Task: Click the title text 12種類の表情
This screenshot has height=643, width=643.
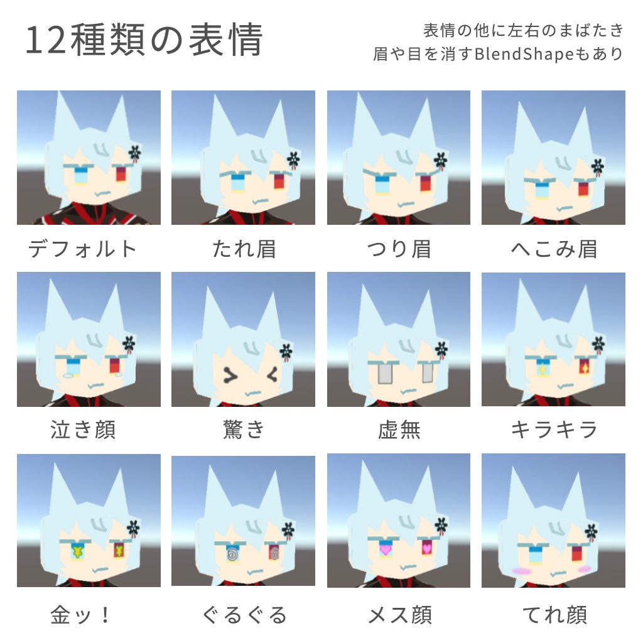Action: (144, 41)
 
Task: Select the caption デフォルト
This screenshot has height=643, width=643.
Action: (82, 249)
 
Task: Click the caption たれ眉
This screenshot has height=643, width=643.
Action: (244, 249)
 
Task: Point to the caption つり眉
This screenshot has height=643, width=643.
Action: (399, 249)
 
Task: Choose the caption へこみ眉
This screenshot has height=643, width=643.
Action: (553, 249)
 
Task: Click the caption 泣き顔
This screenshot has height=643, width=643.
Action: (82, 430)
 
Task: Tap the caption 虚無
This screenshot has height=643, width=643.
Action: (399, 430)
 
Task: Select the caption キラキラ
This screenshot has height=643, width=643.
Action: (553, 430)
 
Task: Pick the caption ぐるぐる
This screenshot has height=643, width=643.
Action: (244, 614)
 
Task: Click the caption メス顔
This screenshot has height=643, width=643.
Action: (399, 614)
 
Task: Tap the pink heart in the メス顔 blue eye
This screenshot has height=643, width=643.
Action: (384, 549)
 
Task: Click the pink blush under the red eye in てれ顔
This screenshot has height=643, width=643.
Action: (584, 569)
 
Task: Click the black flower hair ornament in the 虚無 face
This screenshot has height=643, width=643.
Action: (441, 349)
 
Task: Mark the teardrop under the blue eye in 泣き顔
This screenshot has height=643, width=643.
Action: (68, 376)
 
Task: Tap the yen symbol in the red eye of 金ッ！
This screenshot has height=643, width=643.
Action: (118, 551)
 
